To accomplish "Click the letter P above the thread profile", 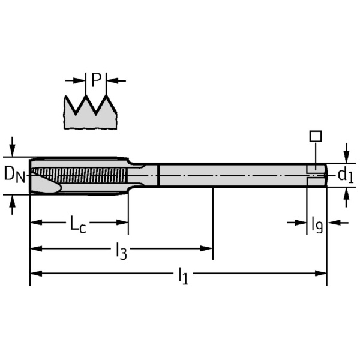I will pos(96,79).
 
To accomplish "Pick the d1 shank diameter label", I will pos(345,175).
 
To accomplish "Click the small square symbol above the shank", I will pos(316,136).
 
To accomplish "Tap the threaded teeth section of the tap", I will pos(90,176).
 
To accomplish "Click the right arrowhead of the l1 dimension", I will pos(322,273).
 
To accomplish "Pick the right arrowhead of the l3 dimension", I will pos(208,248).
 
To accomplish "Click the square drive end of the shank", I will pos(316,175).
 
